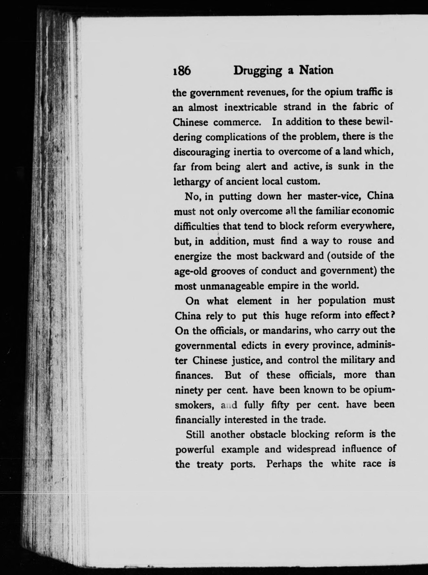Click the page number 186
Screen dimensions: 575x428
[182, 70]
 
